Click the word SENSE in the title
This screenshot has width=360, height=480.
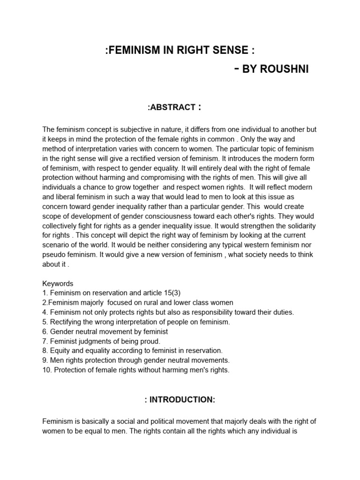[x=232, y=50]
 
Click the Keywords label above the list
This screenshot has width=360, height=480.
[x=58, y=284]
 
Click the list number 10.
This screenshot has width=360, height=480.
[x=46, y=369]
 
